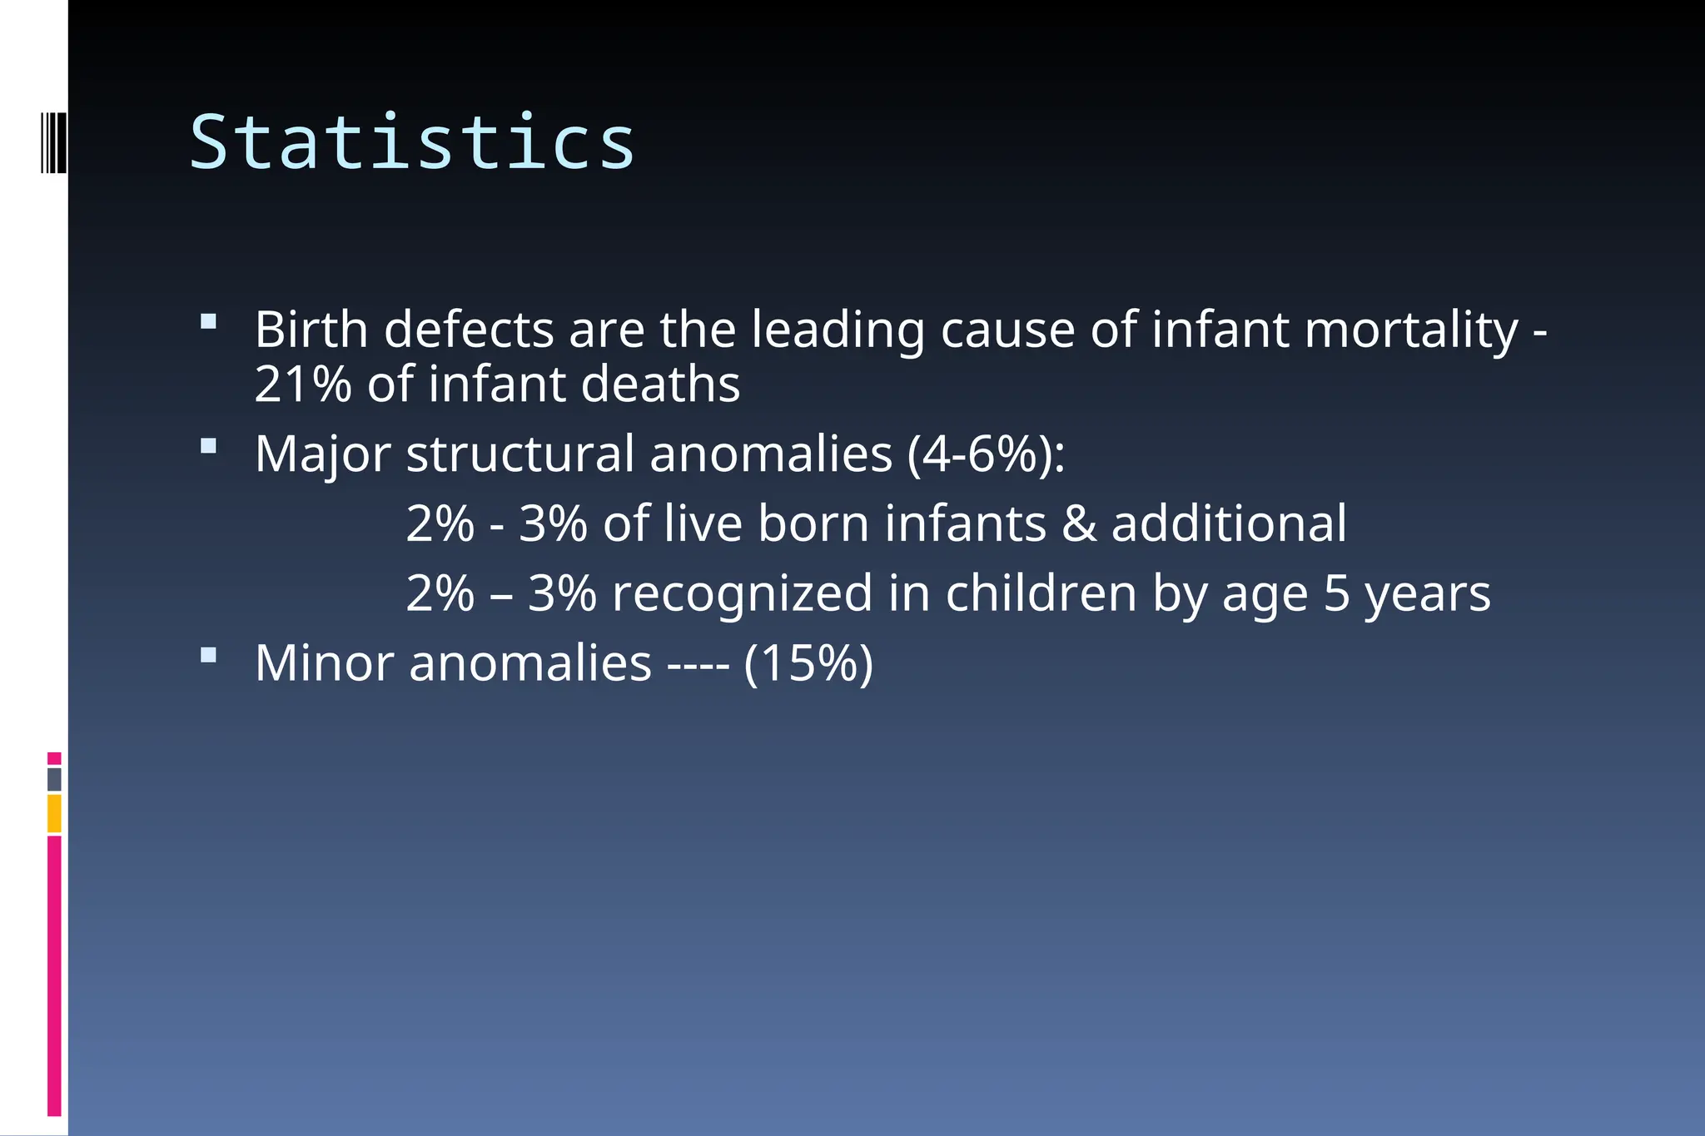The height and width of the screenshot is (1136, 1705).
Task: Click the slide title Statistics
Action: [412, 142]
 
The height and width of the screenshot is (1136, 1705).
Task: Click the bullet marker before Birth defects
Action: [208, 321]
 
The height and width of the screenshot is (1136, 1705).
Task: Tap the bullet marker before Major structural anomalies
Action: [208, 446]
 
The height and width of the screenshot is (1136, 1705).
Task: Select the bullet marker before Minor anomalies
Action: [208, 655]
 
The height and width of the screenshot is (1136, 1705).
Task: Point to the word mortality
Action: [1411, 330]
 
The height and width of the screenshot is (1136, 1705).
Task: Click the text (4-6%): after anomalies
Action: [986, 454]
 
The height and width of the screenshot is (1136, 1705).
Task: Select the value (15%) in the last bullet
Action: [808, 663]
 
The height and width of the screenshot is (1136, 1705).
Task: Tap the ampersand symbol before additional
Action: [1079, 524]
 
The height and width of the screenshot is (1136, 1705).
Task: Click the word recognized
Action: [742, 594]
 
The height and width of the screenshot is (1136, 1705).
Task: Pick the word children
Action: [1041, 594]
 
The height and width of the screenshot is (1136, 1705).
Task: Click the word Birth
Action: [311, 330]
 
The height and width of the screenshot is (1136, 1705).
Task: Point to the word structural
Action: [520, 454]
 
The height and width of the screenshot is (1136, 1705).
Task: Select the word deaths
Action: [660, 384]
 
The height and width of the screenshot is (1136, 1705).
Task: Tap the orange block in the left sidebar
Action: [54, 813]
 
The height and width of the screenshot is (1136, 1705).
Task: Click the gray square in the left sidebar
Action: [54, 780]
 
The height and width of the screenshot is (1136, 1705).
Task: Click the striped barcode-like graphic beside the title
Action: [54, 142]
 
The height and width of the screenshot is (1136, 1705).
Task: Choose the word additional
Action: [1229, 524]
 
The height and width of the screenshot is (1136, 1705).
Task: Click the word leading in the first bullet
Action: [838, 330]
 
